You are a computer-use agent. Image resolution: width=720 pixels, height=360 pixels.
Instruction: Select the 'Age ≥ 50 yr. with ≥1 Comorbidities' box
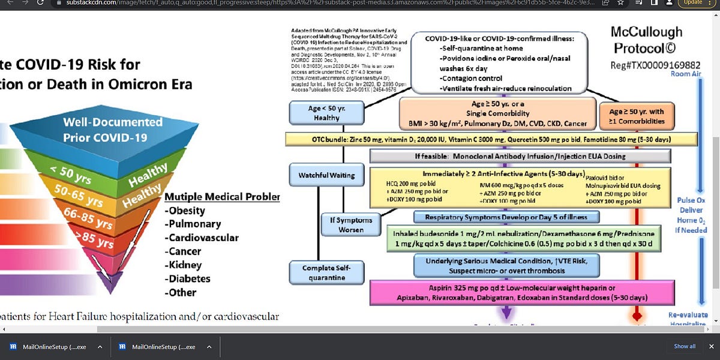pos(637,116)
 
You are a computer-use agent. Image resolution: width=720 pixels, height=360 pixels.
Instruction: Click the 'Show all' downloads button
pos(685,346)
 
